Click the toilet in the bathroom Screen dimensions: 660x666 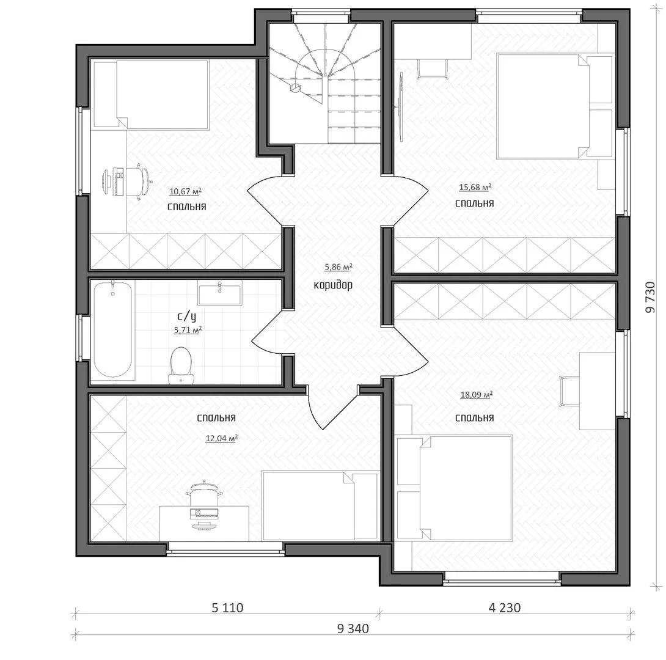181,365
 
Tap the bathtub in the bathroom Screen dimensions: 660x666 113,331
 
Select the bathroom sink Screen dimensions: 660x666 219,293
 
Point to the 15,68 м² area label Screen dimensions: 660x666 475,188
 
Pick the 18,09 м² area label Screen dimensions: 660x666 476,395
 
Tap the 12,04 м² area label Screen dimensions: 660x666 221,438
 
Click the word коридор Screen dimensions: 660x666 333,285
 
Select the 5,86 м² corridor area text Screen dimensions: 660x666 338,267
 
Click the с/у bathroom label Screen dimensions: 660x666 186,317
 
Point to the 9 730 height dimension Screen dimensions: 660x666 651,297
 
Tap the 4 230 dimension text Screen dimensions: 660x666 505,608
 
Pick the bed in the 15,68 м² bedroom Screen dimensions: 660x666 541,106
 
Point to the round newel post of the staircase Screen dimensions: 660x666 295,88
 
